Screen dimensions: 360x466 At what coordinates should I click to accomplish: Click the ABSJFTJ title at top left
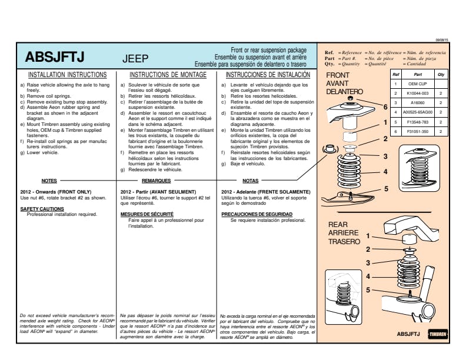[x=55, y=57]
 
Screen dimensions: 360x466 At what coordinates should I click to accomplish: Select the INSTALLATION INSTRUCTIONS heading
[x=68, y=75]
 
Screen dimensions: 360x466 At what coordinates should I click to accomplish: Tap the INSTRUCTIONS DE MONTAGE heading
[x=168, y=75]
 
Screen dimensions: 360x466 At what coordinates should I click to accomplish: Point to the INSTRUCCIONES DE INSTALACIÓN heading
[x=268, y=75]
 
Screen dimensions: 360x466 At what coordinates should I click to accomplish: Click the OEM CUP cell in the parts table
[x=417, y=84]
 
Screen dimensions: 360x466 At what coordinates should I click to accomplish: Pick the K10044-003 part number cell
[x=417, y=94]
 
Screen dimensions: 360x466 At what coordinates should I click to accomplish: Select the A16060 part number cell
[x=417, y=102]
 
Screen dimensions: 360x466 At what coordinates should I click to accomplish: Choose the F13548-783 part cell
[x=417, y=121]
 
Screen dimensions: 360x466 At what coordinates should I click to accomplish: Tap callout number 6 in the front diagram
[x=385, y=107]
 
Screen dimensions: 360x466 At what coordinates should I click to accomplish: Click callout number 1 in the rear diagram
[x=368, y=236]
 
